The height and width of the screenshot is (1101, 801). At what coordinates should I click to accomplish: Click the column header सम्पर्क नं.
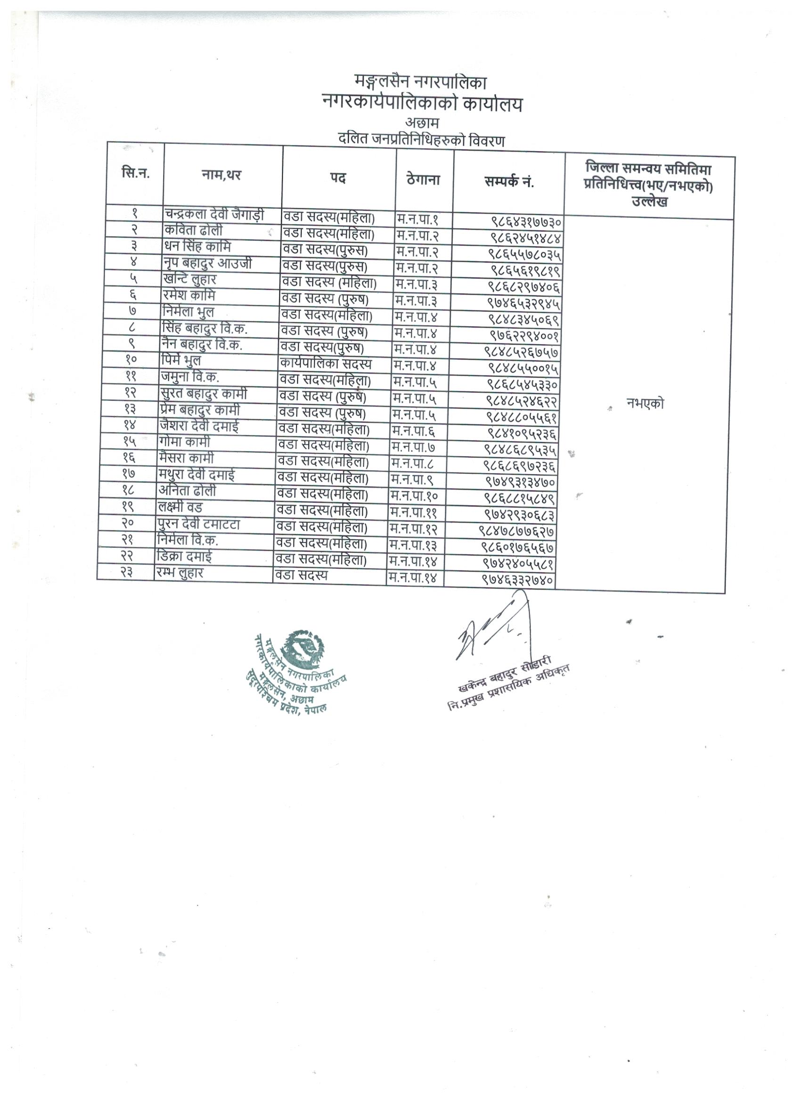point(508,182)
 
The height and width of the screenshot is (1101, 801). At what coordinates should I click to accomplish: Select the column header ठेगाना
point(424,179)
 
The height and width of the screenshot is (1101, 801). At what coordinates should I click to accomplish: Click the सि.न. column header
point(135,173)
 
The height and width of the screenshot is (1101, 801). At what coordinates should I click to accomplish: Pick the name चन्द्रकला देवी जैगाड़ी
point(214,215)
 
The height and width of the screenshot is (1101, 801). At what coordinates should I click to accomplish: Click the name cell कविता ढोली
point(193,231)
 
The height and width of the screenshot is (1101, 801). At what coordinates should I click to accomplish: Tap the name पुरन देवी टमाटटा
point(199,524)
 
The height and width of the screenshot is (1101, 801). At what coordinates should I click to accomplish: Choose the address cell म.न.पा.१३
point(413,546)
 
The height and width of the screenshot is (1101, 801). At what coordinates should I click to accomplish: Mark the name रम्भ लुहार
point(179,573)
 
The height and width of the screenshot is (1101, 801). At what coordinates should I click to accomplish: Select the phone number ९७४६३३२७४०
point(518,580)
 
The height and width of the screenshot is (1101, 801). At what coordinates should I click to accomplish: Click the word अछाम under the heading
point(422,123)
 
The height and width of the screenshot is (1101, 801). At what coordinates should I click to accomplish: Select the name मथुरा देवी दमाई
point(197,475)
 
